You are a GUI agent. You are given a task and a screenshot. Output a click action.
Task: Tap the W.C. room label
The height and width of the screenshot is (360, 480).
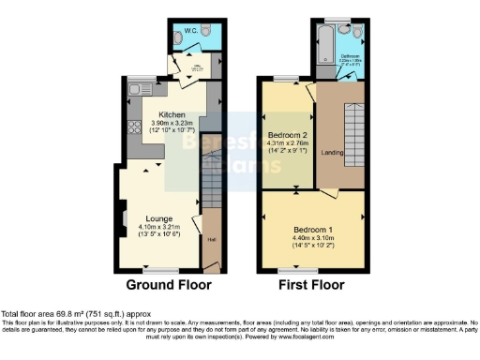tap(188, 30)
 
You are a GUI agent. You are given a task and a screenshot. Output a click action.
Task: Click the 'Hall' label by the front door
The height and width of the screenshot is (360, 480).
tap(211, 238)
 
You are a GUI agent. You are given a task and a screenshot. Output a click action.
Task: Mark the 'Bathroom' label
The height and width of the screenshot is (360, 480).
tap(351, 55)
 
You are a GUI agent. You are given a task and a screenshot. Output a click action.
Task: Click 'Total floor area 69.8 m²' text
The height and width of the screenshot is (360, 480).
tap(47, 312)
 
